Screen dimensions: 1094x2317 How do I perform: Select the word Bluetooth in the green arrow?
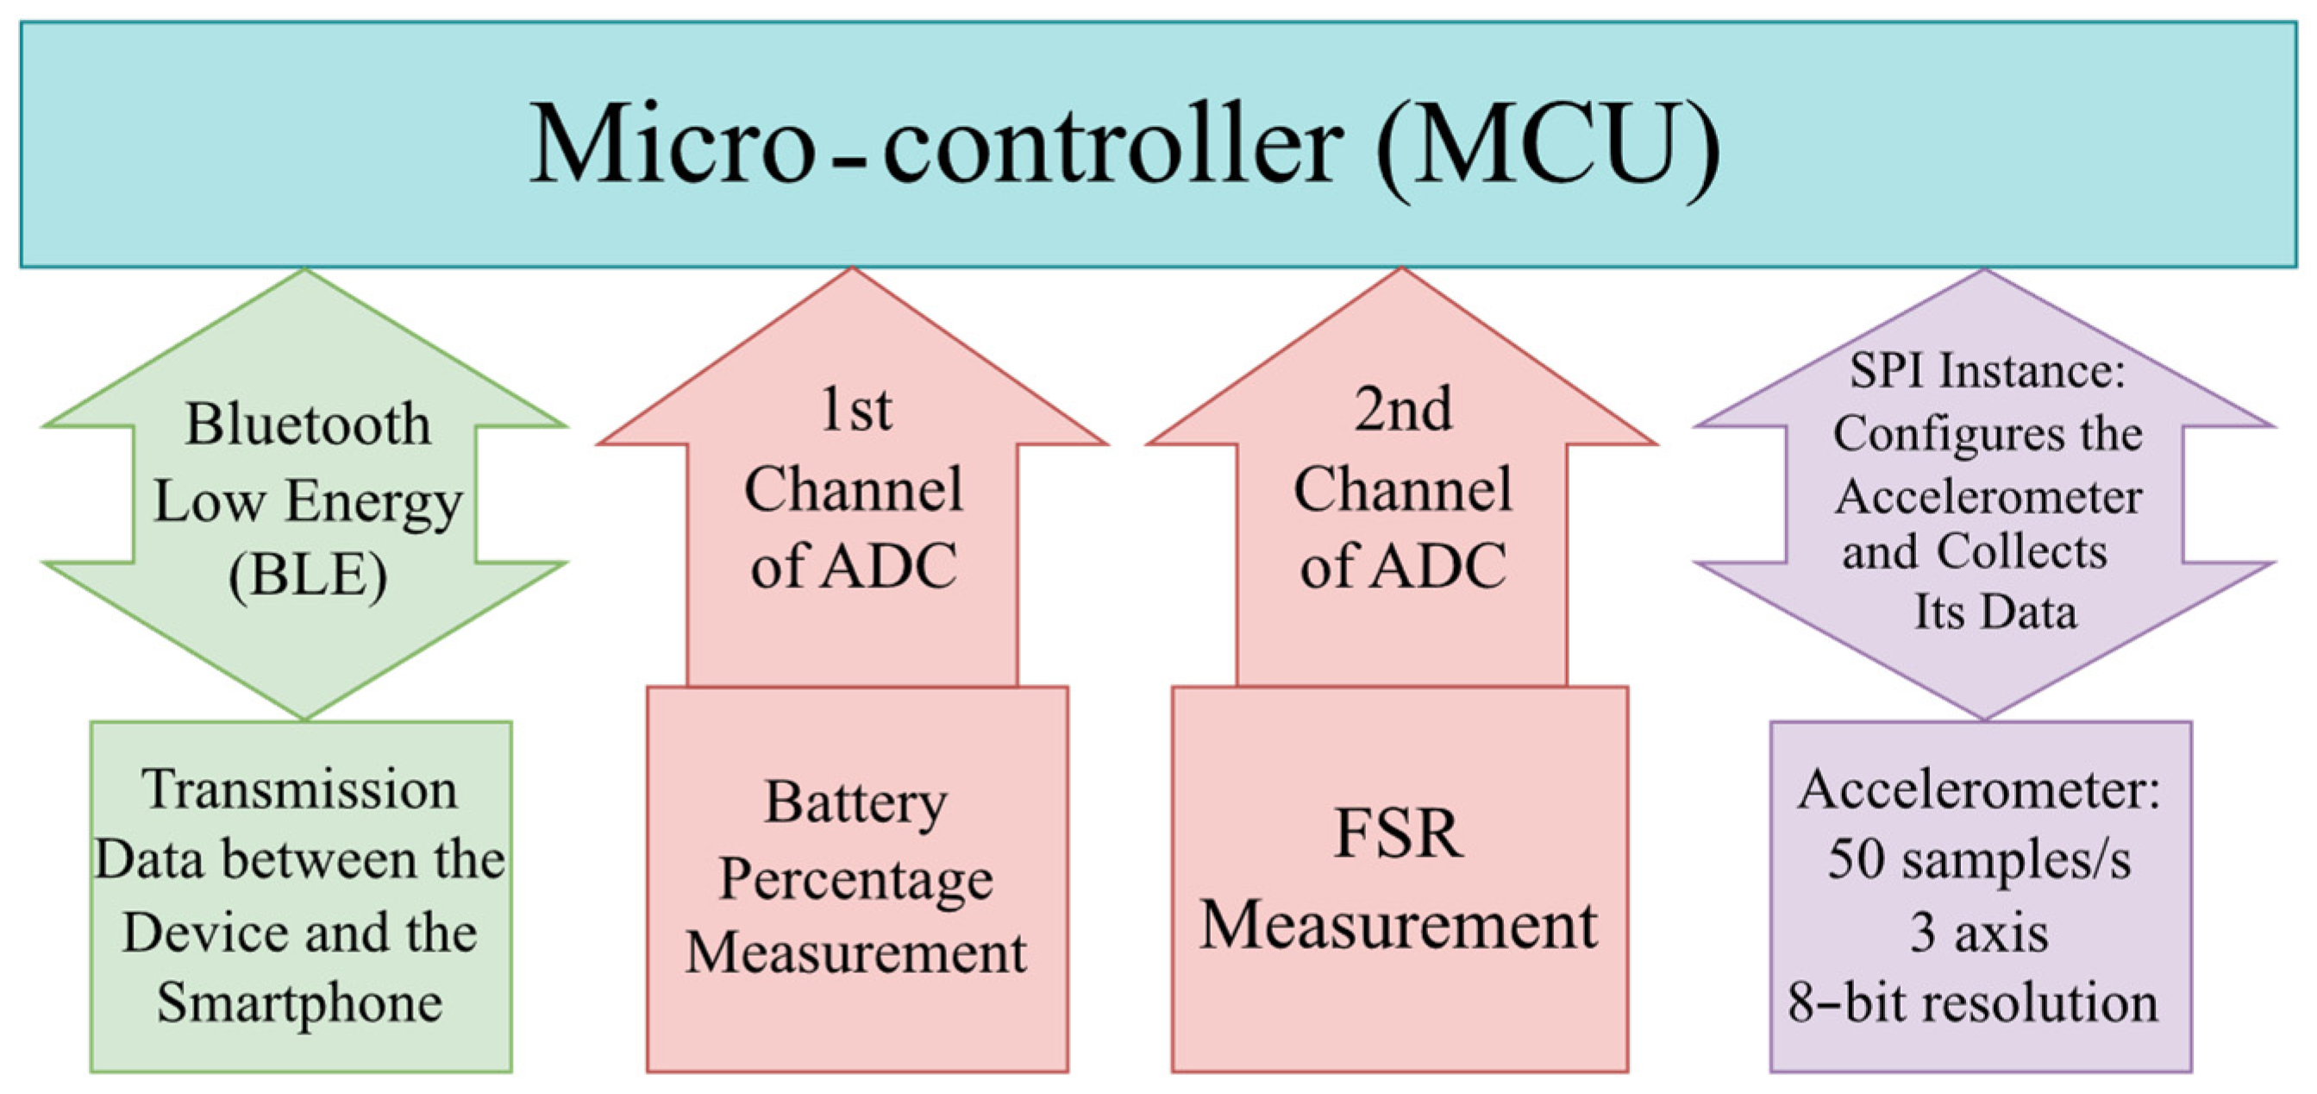tap(308, 424)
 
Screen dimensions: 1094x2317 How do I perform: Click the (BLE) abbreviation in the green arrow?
tap(308, 575)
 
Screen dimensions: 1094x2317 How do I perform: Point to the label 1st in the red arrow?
tap(855, 412)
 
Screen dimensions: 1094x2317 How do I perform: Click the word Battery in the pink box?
tap(855, 802)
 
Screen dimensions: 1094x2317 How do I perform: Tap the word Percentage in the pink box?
tap(855, 878)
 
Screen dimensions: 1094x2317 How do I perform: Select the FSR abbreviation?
tap(1399, 835)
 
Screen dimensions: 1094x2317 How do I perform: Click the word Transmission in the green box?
tap(300, 790)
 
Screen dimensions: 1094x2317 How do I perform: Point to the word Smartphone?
tap(300, 1004)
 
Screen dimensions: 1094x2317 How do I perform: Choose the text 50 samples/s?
tap(1979, 860)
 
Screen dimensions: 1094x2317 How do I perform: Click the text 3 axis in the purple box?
tap(1979, 933)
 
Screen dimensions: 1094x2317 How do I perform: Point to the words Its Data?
tap(1995, 613)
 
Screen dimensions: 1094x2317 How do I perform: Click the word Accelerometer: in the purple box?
tap(1979, 791)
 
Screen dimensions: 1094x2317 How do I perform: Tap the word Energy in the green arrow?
tap(373, 502)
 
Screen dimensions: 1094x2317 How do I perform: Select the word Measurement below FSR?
tap(1399, 927)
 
